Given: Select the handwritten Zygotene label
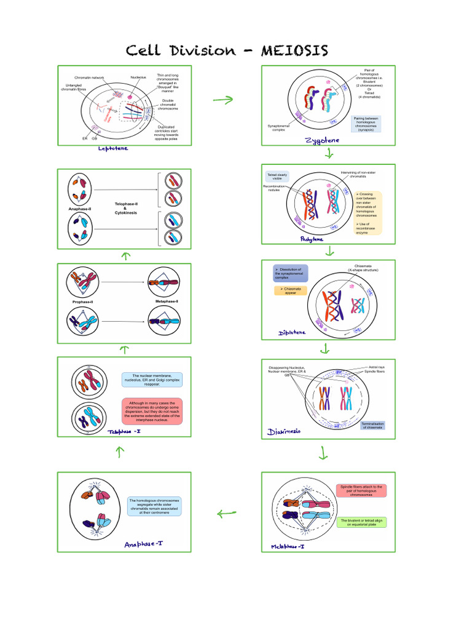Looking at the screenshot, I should pos(322,141).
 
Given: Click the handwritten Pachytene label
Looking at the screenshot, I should pos(312,239).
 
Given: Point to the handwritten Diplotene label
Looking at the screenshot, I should pos(292,332).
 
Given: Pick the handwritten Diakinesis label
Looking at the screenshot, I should pos(285,431).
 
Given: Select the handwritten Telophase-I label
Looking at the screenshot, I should pos(125,431).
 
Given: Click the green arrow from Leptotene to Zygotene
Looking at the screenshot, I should pos(223,100).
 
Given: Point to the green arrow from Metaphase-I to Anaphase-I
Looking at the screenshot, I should pos(226,513).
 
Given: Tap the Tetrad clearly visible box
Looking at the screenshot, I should pos(278,177).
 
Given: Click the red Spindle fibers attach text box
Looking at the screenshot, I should pos(361,490).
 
